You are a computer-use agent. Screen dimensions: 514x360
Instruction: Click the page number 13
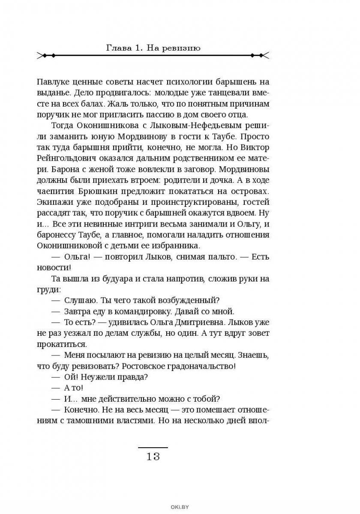point(153,456)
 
